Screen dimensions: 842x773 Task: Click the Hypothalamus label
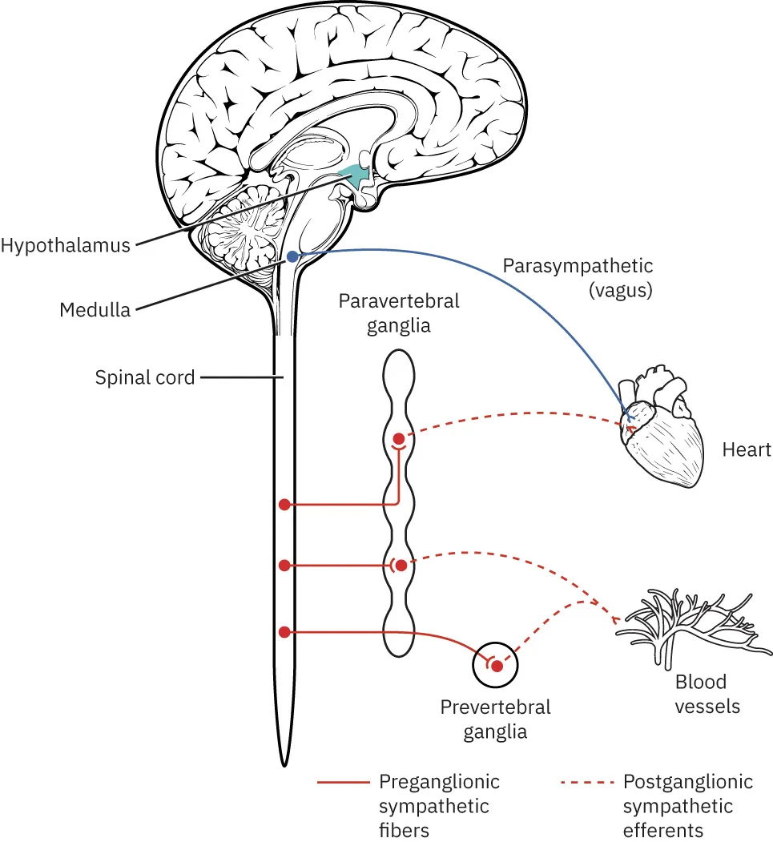coord(65,245)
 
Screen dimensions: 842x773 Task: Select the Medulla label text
coord(95,309)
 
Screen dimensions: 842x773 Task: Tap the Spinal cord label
coord(145,377)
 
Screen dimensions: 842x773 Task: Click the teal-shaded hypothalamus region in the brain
coord(351,174)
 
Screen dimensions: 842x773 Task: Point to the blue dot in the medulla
coord(293,256)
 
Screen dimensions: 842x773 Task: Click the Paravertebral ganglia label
coord(398,313)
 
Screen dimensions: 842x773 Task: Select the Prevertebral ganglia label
coord(495,719)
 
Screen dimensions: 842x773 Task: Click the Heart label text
coord(747,449)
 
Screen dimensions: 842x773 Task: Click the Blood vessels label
coord(701,694)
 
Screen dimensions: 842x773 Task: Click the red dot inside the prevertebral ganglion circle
coord(497,666)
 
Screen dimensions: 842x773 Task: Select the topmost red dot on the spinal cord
coord(284,505)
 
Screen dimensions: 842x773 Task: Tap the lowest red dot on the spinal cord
coord(284,632)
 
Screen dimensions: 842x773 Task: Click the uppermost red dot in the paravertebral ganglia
coord(398,438)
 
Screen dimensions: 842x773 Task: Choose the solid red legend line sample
coord(342,782)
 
